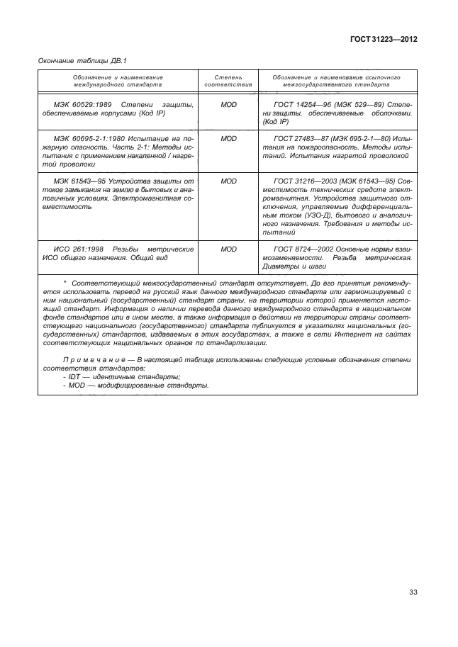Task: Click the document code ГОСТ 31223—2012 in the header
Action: pos(382,40)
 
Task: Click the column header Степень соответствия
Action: pos(228,80)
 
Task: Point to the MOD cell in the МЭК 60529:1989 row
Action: pos(228,104)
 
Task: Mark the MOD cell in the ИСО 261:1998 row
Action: pos(228,249)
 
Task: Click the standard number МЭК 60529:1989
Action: pos(76,104)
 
